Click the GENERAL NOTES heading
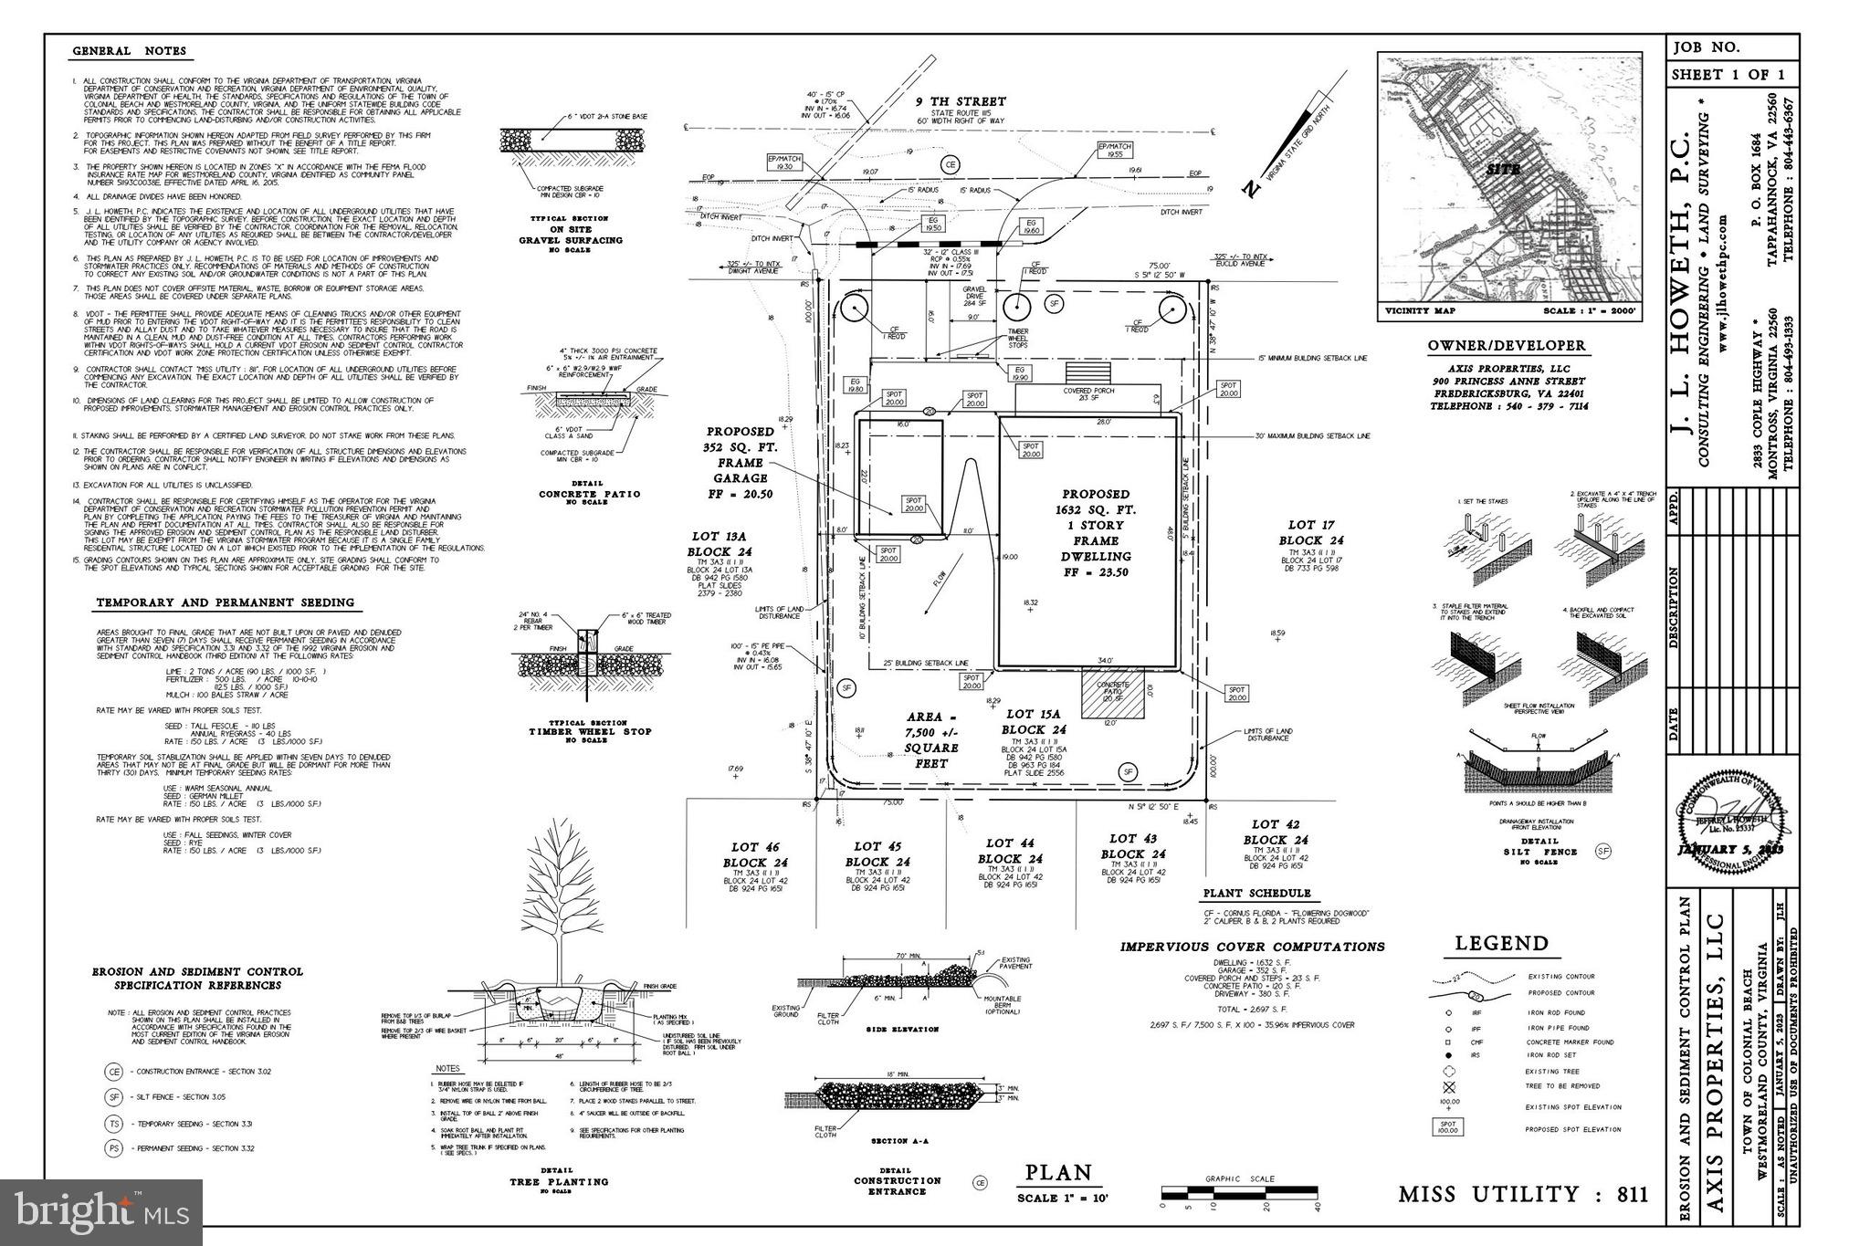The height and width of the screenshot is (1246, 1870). pos(129,52)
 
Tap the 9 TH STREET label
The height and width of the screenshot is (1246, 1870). pos(961,102)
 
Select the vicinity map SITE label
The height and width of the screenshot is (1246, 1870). pos(1503,170)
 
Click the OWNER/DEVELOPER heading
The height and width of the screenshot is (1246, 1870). pos(1507,347)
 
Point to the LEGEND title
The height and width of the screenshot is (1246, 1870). pos(1502,944)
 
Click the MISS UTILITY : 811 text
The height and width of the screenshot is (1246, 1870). pos(1523,1194)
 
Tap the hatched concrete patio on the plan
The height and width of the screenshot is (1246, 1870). pos(1112,697)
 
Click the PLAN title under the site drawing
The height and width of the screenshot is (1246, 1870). pos(1057,1173)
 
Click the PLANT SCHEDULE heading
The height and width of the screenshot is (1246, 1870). pos(1256,894)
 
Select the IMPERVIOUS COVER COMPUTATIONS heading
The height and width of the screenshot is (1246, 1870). pos(1252,948)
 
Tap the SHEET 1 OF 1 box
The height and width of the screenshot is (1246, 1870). pos(1728,76)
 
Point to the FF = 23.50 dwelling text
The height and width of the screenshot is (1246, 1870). pos(1096,572)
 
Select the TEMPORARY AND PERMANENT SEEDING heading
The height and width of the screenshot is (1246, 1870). pos(225,603)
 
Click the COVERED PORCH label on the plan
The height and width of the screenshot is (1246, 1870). pos(1087,391)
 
